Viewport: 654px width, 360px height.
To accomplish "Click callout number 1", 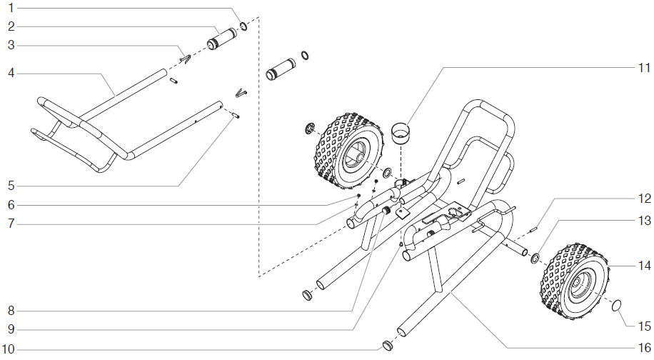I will coord(11,8).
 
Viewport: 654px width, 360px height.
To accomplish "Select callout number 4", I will coord(11,73).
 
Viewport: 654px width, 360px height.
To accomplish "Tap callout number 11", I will coord(644,68).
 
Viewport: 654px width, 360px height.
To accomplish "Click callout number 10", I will coord(11,349).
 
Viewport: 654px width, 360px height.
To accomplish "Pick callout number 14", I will coord(644,265).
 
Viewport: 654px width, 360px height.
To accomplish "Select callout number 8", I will coord(11,311).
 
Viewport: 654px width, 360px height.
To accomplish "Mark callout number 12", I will coord(644,198).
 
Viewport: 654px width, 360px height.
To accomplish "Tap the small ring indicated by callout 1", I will coord(243,26).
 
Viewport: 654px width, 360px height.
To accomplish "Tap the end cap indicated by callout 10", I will coord(388,346).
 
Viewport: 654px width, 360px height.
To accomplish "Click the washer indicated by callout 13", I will coord(534,256).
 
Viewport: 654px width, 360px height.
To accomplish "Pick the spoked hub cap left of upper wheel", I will coord(310,129).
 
